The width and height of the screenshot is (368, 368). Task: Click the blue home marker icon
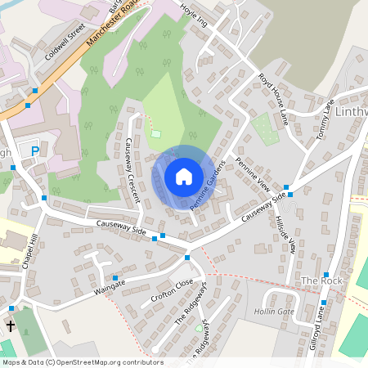(x=184, y=176)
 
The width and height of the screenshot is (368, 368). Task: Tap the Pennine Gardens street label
(x=207, y=185)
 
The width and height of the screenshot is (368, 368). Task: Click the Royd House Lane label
(x=274, y=98)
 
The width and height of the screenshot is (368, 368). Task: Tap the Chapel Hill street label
(x=34, y=245)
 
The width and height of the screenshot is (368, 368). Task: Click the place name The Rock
(x=320, y=280)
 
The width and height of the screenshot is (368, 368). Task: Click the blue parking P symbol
(x=34, y=151)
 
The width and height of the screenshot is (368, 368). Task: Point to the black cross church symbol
(x=11, y=325)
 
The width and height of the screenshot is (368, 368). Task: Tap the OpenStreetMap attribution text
(x=83, y=362)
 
